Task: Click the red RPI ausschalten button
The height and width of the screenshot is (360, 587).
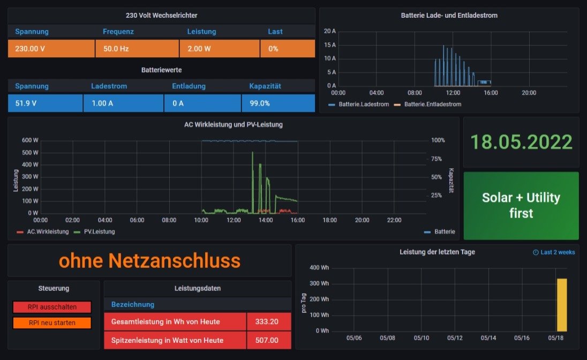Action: [52, 307]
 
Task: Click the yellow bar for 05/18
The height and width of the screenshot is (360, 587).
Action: [561, 304]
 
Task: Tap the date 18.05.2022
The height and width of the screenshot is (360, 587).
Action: [521, 142]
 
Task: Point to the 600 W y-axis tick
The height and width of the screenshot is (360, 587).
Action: [29, 140]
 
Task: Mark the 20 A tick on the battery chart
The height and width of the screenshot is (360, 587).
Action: [330, 31]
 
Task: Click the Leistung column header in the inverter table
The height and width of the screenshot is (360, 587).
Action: [201, 32]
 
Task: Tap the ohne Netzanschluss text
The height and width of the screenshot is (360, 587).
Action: [149, 261]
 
